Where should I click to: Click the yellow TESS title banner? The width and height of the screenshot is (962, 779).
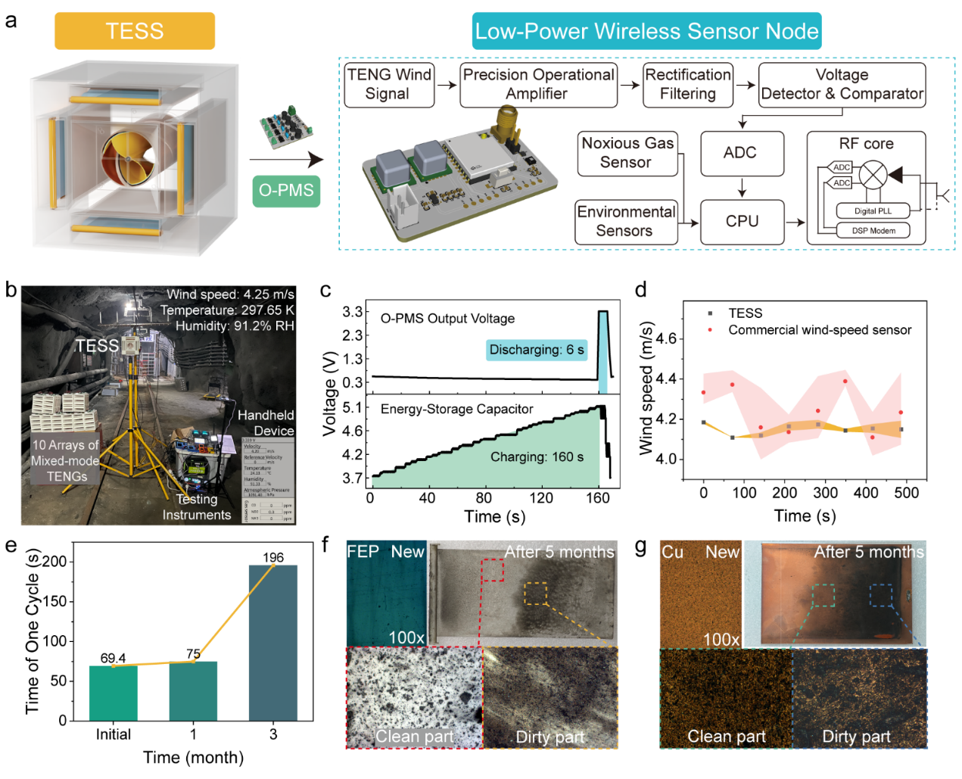point(135,31)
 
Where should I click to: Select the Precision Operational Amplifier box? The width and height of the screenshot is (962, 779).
point(538,84)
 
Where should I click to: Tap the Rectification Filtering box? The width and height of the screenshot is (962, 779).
point(687,84)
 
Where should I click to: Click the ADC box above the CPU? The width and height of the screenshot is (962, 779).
point(741,153)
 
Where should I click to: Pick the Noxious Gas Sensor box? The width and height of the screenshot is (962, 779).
point(627,153)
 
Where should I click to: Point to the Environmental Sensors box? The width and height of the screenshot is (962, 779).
point(625,222)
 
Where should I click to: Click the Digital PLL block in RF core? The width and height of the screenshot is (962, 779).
point(873,211)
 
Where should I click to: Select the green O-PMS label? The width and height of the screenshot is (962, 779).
point(286,190)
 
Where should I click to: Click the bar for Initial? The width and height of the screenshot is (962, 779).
point(113,693)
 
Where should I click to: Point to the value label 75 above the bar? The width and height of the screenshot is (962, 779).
point(193,654)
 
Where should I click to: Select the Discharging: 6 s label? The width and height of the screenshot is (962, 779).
point(537,350)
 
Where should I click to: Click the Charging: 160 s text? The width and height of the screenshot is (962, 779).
point(537,456)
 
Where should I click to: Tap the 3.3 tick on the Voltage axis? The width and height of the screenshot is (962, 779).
point(352,312)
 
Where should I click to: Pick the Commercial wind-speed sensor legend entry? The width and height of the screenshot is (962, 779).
point(819,330)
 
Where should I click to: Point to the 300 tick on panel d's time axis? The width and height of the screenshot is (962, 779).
point(825,493)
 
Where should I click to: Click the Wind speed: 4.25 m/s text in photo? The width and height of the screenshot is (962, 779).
point(231,294)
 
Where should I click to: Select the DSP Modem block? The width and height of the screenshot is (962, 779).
point(873,231)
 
